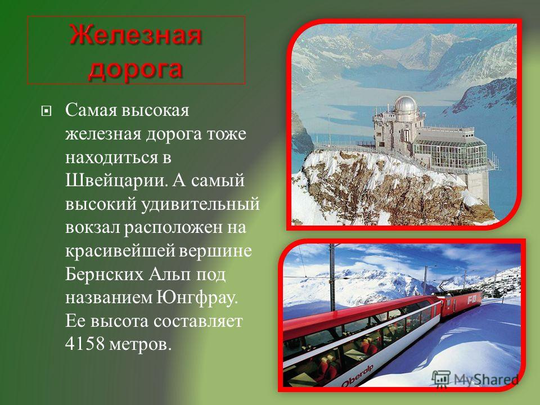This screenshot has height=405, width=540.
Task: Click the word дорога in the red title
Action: (136, 69)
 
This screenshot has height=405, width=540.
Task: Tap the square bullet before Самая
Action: (46, 111)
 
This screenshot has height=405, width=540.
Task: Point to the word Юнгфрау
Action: (197, 298)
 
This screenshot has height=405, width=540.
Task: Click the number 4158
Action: (85, 344)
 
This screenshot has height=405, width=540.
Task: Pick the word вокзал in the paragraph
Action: (92, 228)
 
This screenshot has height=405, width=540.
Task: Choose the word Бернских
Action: (105, 274)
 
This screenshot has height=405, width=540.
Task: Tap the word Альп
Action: (169, 274)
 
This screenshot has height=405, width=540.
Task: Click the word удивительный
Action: (200, 204)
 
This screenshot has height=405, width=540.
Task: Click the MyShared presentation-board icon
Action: (441, 379)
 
